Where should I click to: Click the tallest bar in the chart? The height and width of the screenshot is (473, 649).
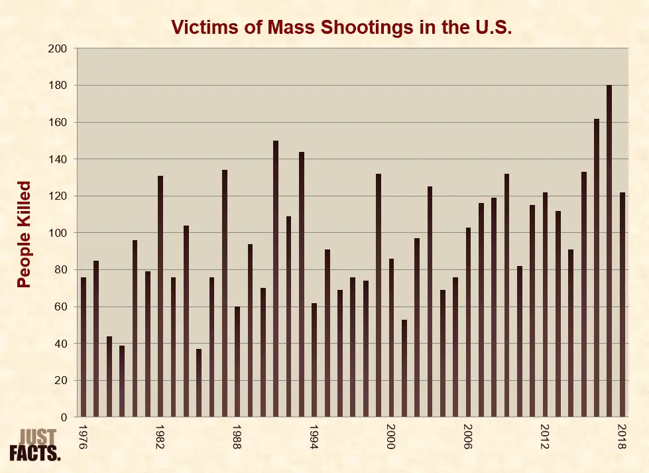pos(609,252)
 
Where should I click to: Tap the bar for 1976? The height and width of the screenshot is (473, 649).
pos(84,348)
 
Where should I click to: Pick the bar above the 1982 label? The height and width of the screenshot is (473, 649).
pos(160,297)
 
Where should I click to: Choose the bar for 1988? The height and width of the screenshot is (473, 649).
pos(237,362)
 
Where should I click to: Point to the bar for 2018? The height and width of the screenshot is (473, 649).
pos(622,305)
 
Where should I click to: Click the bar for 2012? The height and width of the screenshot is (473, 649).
pos(545,305)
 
